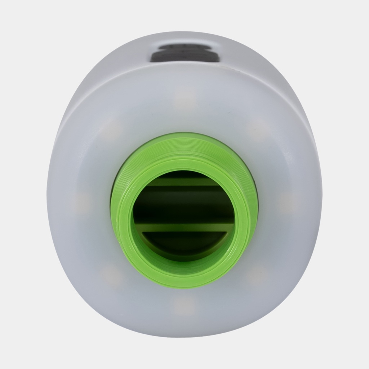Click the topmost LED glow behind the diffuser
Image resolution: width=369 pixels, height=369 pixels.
point(184,97)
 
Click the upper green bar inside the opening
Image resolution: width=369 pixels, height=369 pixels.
point(184,182)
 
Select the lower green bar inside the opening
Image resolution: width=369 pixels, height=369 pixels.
point(184,227)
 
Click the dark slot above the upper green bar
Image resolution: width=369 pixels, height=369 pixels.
point(184,174)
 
